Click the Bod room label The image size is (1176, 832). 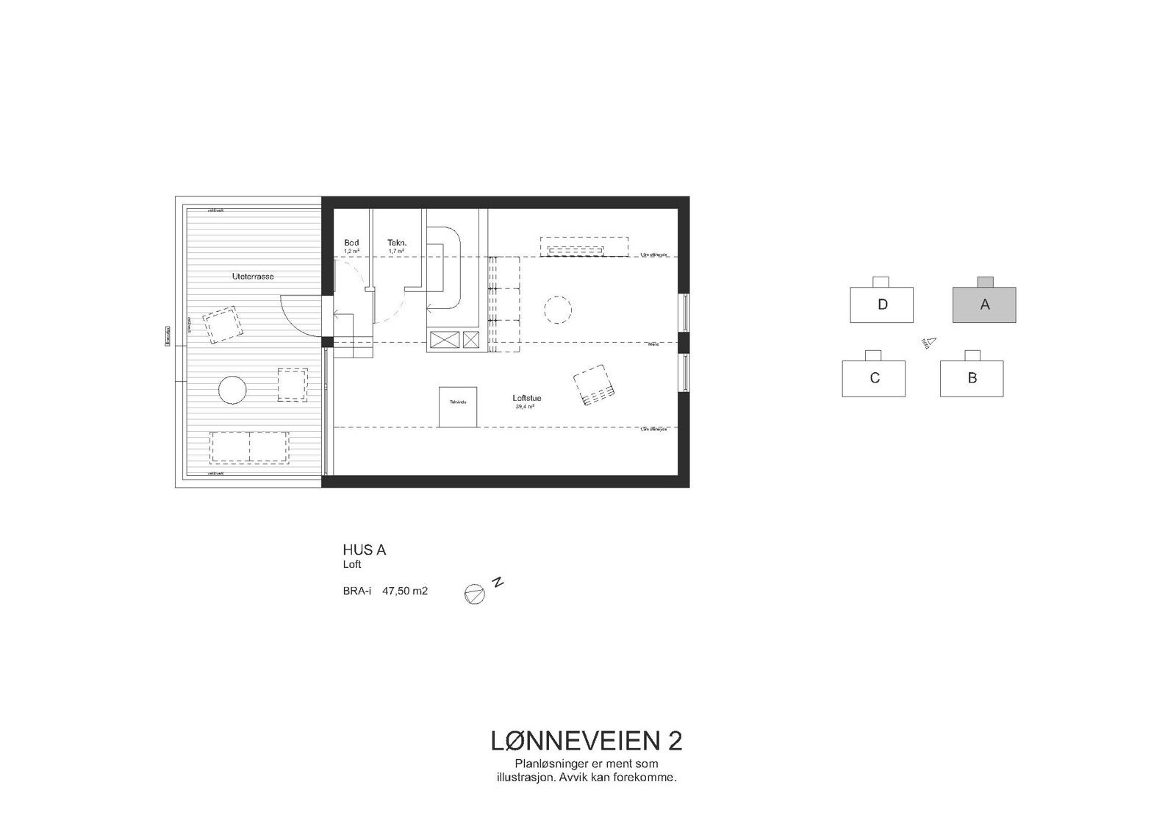351,243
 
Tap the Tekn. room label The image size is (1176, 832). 397,243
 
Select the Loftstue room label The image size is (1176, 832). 526,399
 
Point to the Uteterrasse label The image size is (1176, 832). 252,277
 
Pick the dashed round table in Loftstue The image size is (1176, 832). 557,310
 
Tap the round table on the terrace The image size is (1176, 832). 232,389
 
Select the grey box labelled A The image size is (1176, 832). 984,305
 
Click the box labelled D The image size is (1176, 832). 882,305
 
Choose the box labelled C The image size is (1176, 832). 874,378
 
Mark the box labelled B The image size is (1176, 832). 972,378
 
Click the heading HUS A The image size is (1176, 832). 364,550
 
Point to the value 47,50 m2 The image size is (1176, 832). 405,591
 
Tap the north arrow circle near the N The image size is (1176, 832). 475,594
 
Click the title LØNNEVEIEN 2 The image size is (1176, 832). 587,741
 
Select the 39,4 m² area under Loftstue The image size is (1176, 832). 525,407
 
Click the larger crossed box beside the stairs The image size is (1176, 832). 444,339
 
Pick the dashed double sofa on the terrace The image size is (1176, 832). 249,447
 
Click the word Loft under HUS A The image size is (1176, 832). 352,565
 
